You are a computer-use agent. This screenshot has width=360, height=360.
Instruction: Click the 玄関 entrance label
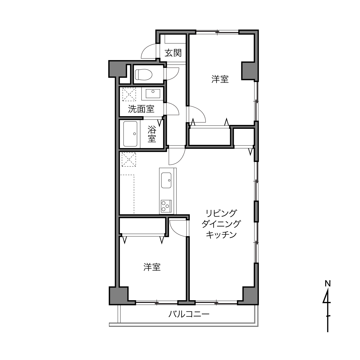[x=173, y=53]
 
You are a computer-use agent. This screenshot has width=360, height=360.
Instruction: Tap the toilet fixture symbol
[x=143, y=74]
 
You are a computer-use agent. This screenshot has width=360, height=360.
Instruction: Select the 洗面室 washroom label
[x=141, y=109]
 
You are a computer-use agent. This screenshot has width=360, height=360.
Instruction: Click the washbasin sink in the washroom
[x=153, y=93]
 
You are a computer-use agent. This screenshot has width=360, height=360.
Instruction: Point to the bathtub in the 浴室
[x=130, y=134]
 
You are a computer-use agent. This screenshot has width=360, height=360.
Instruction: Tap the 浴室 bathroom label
[x=152, y=134]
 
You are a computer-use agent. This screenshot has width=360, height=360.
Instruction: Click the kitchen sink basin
[x=166, y=180]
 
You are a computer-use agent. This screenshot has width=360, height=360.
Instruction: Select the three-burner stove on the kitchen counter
[x=166, y=206]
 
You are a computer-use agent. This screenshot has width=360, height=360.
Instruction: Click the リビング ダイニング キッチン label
[x=221, y=224]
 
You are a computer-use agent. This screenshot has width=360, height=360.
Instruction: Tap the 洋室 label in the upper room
[x=220, y=79]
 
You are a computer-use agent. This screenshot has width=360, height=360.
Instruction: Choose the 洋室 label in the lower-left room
[x=152, y=267]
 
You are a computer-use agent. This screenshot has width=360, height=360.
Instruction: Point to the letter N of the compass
[x=328, y=284]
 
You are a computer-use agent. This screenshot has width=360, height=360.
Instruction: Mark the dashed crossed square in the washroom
[x=129, y=94]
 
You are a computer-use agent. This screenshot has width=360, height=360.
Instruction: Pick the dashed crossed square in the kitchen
[x=129, y=159]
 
